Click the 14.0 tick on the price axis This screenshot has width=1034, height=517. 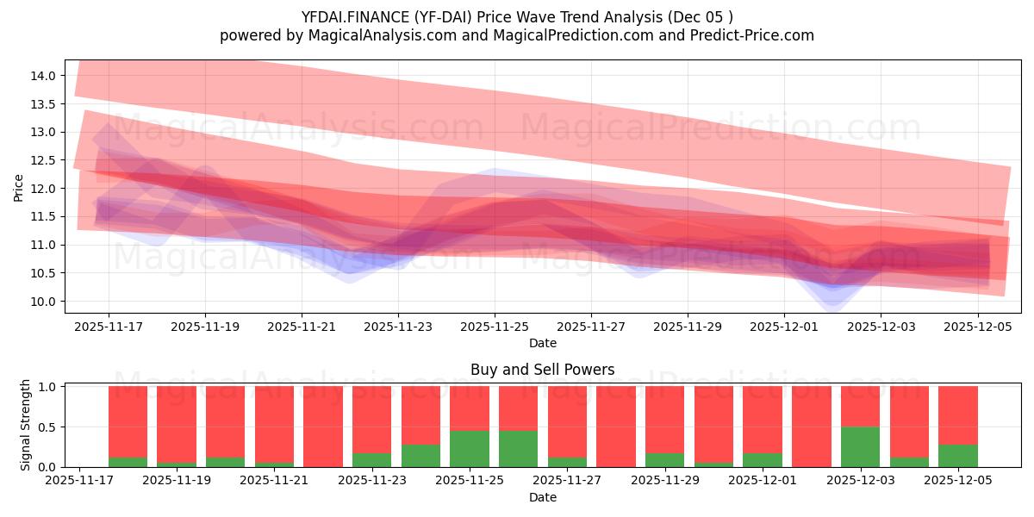coord(44,76)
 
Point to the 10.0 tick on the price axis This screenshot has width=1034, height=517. coord(44,302)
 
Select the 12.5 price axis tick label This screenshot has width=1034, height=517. coord(44,160)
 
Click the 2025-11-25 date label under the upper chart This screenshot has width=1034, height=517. coord(494,327)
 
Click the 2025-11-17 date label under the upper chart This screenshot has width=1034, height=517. coord(109,327)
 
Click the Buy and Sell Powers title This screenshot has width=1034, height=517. coord(542,370)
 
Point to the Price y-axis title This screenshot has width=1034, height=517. coord(19,187)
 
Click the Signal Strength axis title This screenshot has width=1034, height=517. coord(26,425)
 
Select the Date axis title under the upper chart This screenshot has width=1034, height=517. coord(542,343)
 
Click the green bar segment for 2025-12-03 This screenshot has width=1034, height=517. coord(860,446)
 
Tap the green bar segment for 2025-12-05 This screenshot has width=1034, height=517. coord(957,456)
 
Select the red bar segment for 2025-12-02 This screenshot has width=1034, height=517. coord(811,427)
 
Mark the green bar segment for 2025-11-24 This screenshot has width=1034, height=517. coord(420,456)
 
